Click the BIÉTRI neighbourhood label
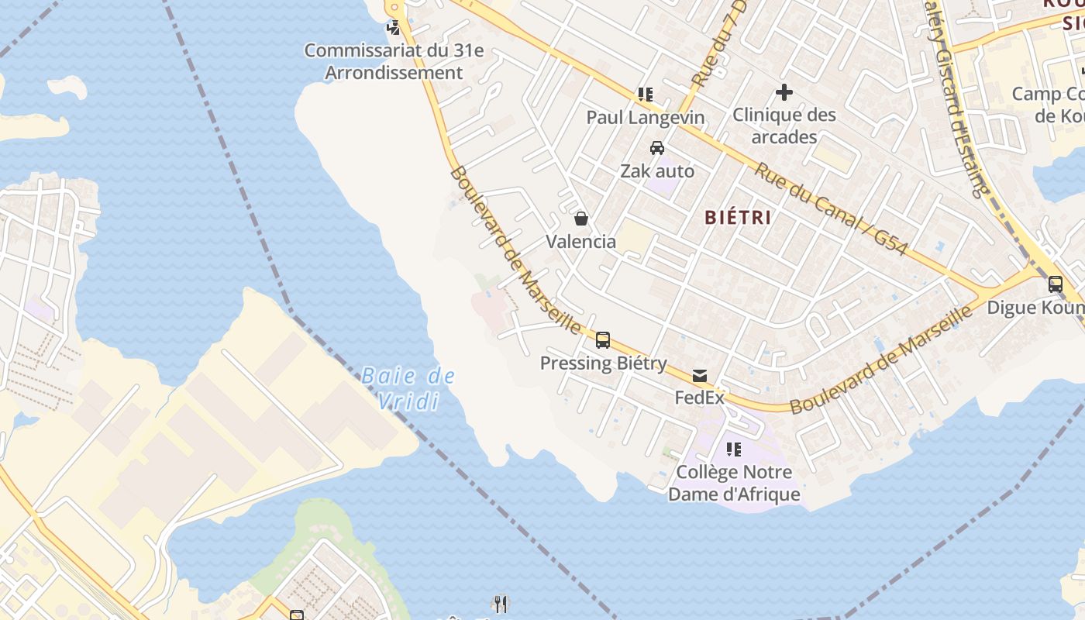coord(737,218)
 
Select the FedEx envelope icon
coord(700,376)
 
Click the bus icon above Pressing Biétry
coord(603,339)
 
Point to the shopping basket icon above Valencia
coord(581,219)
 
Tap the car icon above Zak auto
coord(657,147)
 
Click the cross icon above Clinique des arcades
coord(784,93)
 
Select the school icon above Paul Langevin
coord(645,95)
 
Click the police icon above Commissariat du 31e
coord(394,28)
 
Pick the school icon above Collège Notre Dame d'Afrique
coord(733,449)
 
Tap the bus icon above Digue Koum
coord(1055,284)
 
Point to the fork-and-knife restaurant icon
coord(501,604)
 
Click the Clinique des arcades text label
coord(784,126)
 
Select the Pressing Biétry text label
coord(603,363)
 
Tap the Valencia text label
coord(581,242)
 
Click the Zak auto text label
coord(657,170)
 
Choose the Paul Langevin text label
coord(645,118)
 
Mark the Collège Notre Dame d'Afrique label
coord(733,482)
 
